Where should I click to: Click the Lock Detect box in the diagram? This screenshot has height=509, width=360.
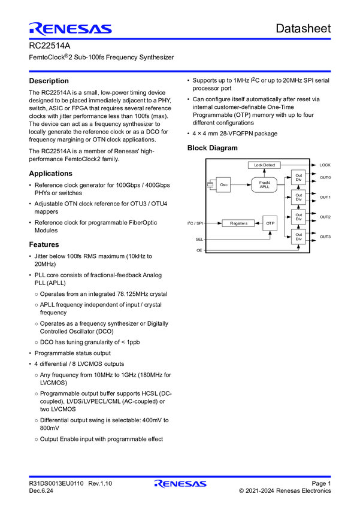pos(264,165)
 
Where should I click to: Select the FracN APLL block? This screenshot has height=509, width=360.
pos(264,185)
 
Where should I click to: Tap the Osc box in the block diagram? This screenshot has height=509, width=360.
pos(224,185)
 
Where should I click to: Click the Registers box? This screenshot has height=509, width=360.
pos(238,223)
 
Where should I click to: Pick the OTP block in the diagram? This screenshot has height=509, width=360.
pos(270,223)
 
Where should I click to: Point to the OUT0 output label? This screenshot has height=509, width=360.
pos(325,178)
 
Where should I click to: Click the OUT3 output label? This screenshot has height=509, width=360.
pos(325,237)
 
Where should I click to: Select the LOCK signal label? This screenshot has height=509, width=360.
pos(325,165)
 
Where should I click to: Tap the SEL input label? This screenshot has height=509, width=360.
pos(199,238)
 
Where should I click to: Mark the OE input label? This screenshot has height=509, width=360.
pos(199,250)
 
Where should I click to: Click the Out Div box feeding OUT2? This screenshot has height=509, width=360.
pos(298,217)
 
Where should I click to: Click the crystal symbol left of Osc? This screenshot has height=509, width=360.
pos(210,185)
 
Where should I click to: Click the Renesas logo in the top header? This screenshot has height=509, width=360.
pos(69,29)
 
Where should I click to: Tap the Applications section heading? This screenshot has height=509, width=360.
pos(51,173)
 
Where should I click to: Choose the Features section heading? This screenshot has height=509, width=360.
pos(44,244)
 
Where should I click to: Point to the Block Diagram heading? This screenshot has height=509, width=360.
pos(212,148)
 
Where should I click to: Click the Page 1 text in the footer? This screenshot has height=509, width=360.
pos(320,483)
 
